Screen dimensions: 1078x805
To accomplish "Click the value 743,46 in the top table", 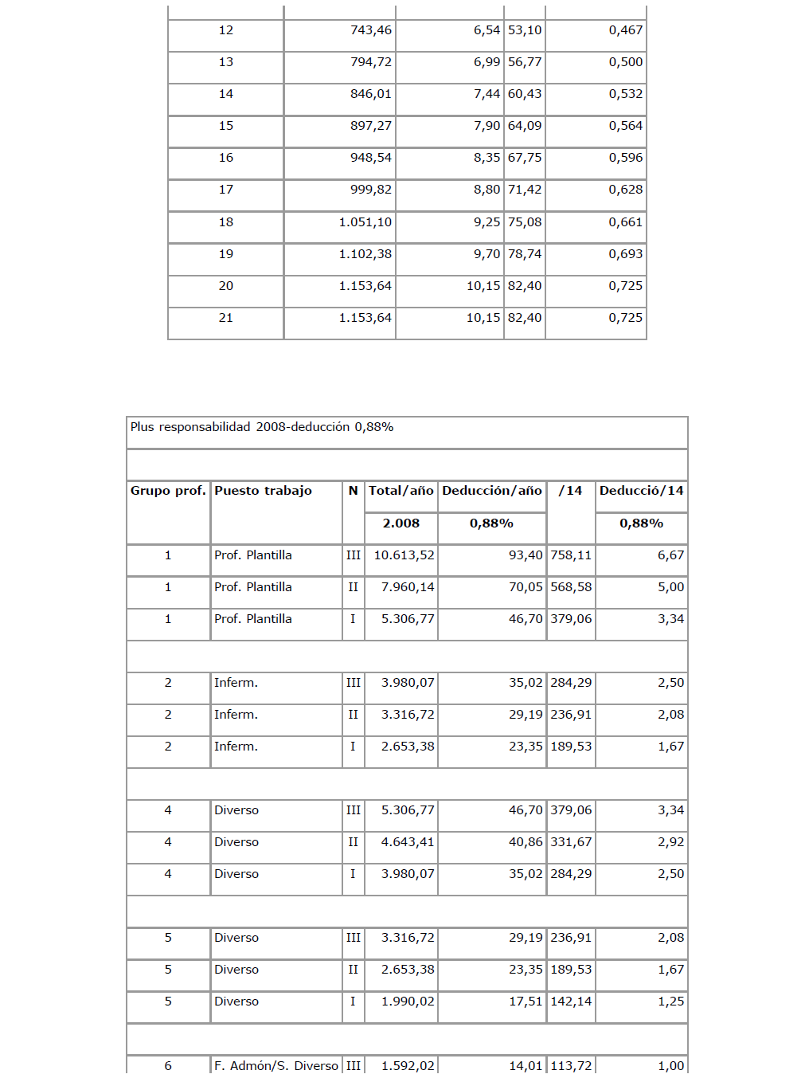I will [371, 30].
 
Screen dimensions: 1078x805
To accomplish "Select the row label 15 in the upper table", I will [226, 126].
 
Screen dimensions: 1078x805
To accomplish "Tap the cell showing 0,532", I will [625, 94].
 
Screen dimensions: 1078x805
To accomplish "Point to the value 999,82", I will [371, 190].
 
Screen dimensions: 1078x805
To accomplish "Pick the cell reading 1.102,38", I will [365, 254].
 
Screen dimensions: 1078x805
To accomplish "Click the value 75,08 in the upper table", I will [525, 222].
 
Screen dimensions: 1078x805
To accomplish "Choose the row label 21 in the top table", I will [226, 318].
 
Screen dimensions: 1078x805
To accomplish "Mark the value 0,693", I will [625, 254].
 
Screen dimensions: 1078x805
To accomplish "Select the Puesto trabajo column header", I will [263, 491].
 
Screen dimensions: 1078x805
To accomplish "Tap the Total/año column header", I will [401, 491].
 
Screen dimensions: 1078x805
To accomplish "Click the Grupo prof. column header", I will [168, 491].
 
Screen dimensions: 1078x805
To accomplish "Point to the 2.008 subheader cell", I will [401, 523].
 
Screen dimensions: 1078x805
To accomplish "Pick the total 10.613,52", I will [404, 555].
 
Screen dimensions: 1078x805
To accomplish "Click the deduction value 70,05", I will [526, 587].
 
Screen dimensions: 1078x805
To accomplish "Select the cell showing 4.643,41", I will [408, 842].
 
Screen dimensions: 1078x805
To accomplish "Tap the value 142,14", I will [571, 1002].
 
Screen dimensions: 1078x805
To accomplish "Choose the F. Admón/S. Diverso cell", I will [275, 1065].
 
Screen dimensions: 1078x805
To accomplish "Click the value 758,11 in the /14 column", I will [571, 555].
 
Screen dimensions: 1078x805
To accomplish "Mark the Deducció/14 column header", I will [641, 491].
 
